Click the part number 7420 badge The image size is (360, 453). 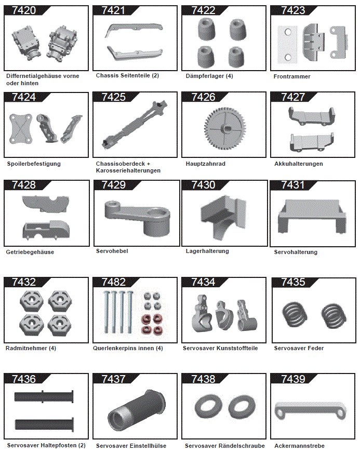pos(23,10)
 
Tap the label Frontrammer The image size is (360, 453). pos(292,76)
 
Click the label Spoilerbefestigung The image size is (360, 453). pos(34,164)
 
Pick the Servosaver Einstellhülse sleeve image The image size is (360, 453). pos(137,410)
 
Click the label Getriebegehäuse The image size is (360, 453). pos(30,252)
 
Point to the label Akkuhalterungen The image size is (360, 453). pos(298,164)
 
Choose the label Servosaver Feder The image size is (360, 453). pos(299,348)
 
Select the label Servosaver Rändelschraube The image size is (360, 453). pos(224,446)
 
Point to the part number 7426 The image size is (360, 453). pos(203,97)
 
